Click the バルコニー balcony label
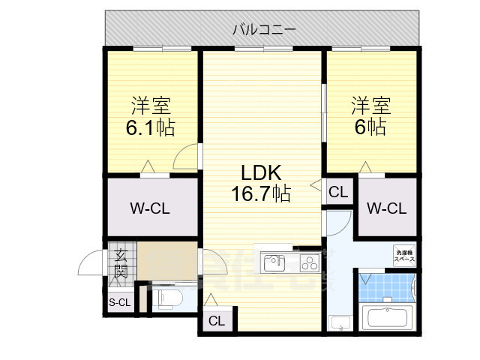263,30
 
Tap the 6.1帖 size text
150,128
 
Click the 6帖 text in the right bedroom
371,127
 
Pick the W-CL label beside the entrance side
149,208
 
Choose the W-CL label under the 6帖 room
386,208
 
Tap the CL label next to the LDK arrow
338,192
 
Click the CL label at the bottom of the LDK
216,322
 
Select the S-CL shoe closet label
119,303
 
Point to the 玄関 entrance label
121,264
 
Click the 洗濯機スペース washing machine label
404,256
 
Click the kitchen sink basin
274,262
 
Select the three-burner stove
308,262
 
